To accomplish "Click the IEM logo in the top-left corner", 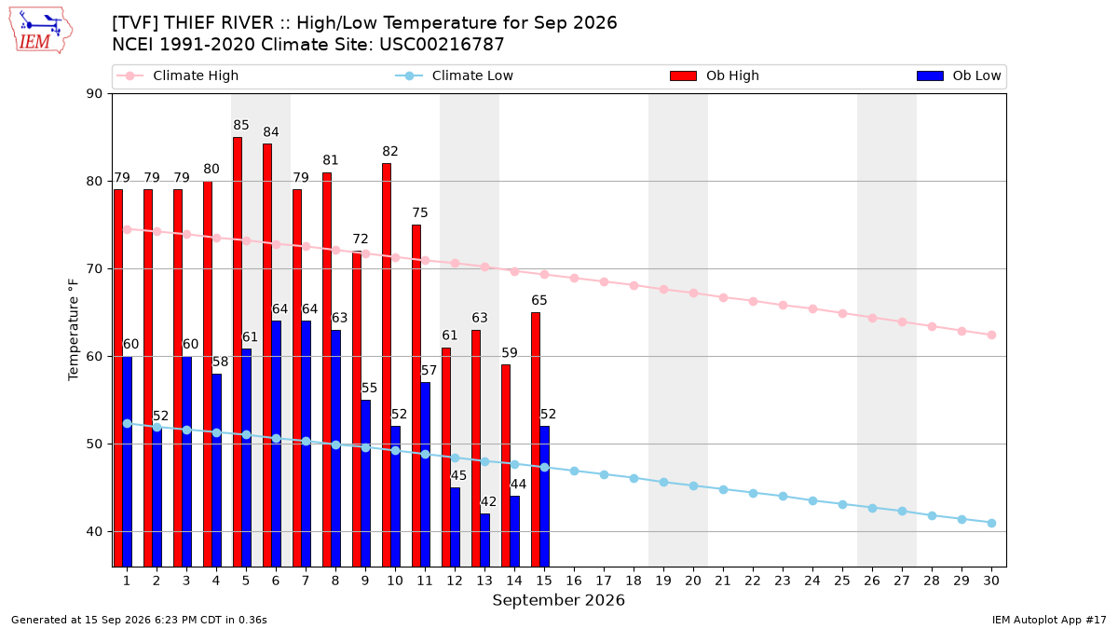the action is point(41,31).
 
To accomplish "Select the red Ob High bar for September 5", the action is point(238,352).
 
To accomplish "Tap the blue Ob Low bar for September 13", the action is point(484,540).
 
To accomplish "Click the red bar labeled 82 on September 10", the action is point(387,365).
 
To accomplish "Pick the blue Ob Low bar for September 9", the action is point(365,484).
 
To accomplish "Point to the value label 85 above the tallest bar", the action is point(241,125).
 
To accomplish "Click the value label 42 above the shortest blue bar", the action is point(488,501).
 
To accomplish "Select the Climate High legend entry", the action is point(177,75).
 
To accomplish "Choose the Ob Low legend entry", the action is point(959,75).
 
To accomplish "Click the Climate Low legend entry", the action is point(455,75).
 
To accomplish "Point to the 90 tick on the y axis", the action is point(94,94).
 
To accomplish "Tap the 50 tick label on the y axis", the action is point(94,444).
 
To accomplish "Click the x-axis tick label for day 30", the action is point(991,581).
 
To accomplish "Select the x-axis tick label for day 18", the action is point(634,581).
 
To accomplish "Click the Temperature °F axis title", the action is point(74,330).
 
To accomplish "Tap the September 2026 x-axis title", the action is point(558,600).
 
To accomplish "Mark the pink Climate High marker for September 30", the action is point(991,335).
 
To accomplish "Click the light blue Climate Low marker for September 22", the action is point(753,493).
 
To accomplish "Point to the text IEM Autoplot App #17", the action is point(1049,620).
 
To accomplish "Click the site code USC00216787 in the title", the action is point(442,45).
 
